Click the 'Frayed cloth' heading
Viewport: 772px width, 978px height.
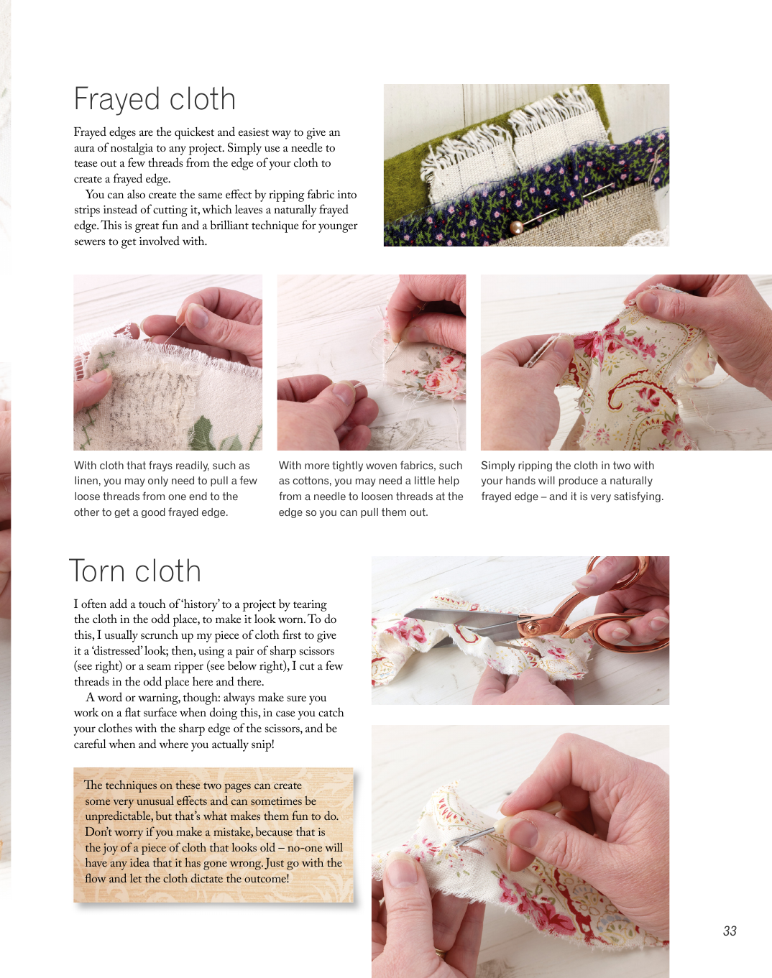(x=155, y=100)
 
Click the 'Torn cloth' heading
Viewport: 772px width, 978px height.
(x=135, y=571)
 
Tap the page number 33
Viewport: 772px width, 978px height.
(x=730, y=931)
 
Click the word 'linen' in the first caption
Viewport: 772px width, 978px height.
(x=87, y=481)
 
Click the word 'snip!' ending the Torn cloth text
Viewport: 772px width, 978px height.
(x=263, y=744)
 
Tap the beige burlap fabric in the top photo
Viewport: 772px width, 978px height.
(x=591, y=218)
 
